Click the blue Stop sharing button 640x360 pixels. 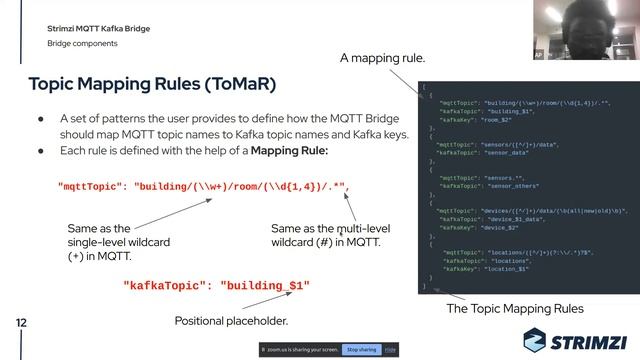[361, 350]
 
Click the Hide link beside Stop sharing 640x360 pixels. [390, 350]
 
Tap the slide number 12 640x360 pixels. [20, 324]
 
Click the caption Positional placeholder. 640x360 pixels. [231, 321]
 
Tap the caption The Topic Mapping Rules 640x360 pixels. [514, 309]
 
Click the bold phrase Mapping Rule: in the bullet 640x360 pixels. [288, 151]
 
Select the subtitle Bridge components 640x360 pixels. [82, 45]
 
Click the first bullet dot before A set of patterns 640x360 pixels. [41, 117]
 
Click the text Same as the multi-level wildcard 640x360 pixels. [330, 235]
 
